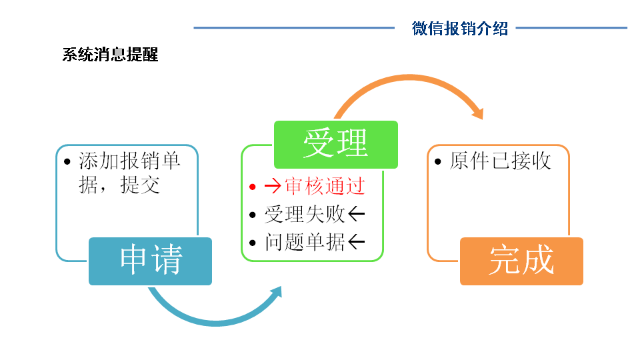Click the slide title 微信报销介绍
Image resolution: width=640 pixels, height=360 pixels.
point(460,28)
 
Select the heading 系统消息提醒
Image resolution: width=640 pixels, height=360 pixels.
point(110,55)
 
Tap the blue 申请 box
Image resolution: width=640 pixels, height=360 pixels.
point(150,261)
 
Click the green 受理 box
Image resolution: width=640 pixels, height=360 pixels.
point(335,144)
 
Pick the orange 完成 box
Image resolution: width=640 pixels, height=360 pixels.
point(521,261)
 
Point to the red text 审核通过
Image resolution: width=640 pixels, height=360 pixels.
point(325,185)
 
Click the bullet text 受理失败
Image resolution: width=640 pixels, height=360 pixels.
point(305,214)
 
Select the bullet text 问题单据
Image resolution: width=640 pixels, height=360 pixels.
point(305,242)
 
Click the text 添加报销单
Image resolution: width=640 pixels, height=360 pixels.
point(129,161)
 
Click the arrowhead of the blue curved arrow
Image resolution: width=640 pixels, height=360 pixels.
point(274,294)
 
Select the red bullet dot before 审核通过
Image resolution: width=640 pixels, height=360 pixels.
point(252,187)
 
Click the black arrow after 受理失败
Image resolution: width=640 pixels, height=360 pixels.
point(357,214)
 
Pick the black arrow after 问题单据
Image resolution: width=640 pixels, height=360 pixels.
point(357,242)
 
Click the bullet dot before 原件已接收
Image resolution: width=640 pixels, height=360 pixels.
point(437,163)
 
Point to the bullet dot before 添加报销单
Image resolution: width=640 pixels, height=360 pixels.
point(66,163)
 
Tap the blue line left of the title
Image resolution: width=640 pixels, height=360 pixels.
point(293,28)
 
